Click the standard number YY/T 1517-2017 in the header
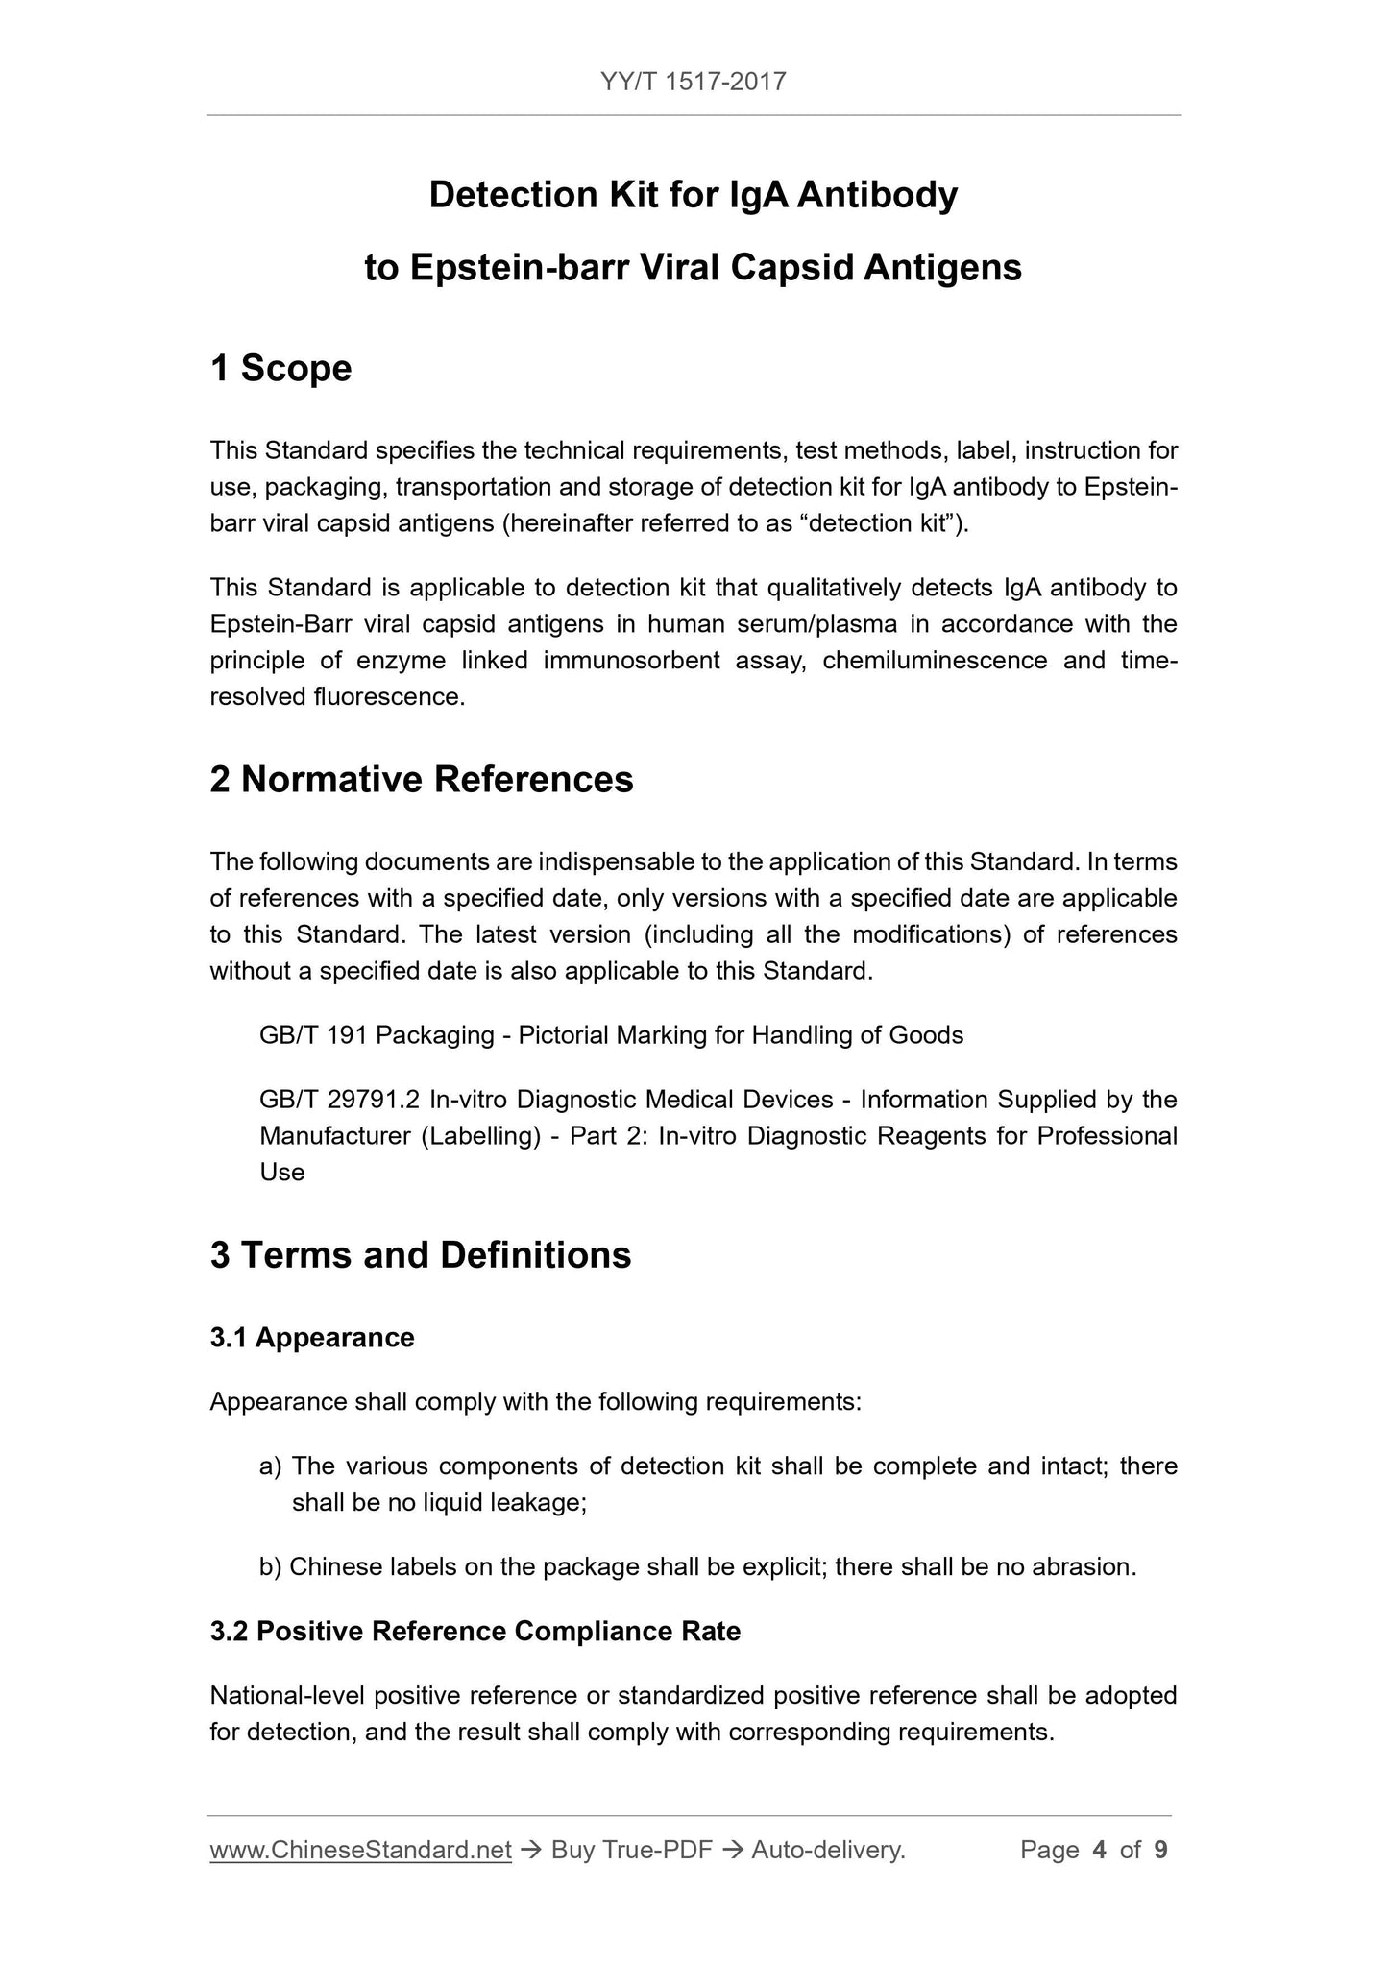(694, 82)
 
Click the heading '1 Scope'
(280, 369)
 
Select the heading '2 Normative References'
(422, 780)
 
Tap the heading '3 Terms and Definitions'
(421, 1255)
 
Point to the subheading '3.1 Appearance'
(312, 1338)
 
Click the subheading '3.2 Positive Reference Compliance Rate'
(475, 1632)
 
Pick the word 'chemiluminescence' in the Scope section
(935, 661)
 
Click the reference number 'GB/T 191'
(314, 1035)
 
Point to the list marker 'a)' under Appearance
(270, 1466)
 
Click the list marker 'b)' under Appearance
(270, 1567)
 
